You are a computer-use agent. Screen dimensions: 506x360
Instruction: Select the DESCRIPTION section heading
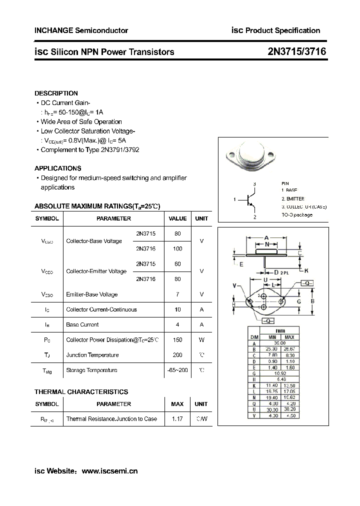tap(56, 93)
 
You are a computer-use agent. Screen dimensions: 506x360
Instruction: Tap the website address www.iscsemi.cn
tap(109, 470)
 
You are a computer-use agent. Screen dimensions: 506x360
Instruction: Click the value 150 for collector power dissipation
tap(177, 340)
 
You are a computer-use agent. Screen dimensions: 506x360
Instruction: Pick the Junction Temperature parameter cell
tap(92, 355)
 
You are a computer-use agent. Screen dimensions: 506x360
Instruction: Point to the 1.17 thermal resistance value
tap(177, 419)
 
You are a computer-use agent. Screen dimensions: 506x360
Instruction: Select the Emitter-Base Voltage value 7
tap(177, 294)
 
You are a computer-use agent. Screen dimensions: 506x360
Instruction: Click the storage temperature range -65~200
tap(177, 370)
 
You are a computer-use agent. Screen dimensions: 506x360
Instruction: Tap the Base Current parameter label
tap(82, 324)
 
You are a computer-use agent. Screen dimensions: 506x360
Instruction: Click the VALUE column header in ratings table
tap(177, 218)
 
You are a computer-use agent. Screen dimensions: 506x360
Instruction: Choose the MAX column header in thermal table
tap(177, 404)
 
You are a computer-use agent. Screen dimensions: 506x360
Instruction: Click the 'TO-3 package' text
tap(297, 214)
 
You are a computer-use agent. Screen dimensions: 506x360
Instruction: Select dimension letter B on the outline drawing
tap(312, 301)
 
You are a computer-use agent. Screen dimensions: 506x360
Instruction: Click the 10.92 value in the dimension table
tap(278, 373)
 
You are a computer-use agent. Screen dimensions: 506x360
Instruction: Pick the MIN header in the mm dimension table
tap(271, 337)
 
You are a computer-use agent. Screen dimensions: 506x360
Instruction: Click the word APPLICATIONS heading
tap(58, 168)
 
